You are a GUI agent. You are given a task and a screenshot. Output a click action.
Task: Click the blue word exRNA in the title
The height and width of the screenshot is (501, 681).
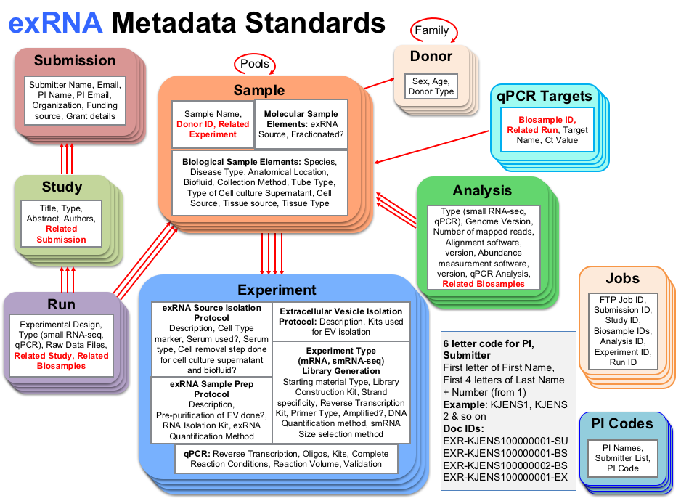[x=54, y=23]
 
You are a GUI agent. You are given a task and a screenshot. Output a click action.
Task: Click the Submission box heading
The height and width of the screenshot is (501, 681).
[x=75, y=61]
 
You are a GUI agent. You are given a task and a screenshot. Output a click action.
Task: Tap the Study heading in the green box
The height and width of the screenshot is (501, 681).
[x=62, y=187]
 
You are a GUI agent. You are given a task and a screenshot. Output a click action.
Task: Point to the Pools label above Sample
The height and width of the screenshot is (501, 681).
[x=255, y=64]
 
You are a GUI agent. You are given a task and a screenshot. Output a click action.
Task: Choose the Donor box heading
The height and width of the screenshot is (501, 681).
[x=431, y=56]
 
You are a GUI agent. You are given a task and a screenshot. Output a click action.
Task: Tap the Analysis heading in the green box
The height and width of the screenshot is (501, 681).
[x=482, y=190]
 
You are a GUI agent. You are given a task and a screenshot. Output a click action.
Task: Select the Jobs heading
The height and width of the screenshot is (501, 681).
[x=622, y=279]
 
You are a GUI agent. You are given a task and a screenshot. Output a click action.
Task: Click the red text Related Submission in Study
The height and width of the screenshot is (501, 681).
[x=62, y=234]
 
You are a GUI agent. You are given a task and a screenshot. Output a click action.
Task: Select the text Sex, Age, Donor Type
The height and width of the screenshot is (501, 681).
[x=431, y=86]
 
